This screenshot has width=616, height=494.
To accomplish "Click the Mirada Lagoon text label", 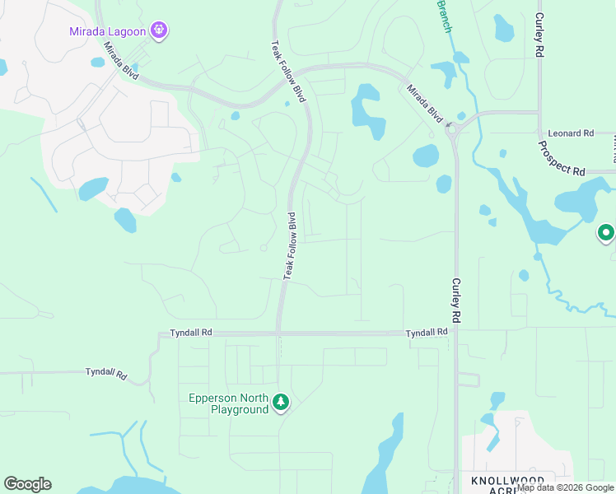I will coord(107,32).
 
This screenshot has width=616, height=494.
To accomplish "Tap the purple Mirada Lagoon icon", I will coord(159,32).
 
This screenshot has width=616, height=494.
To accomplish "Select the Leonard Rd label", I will coord(571,133).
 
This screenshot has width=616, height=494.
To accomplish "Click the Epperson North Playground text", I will coord(228,403).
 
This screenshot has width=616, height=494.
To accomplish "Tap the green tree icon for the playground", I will coord(282,402).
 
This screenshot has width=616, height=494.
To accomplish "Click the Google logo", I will coord(27,484).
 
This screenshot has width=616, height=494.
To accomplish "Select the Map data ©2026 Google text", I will coord(566,487).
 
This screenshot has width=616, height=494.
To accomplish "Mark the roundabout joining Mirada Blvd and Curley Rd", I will coord(452,128).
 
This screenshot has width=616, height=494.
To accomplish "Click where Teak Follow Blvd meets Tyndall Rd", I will coord(279,333).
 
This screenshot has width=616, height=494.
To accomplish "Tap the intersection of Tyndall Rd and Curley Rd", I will coord(455,333).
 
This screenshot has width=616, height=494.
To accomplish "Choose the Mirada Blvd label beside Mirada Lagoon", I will coord(120,64).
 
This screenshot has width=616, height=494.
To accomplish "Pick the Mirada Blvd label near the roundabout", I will coord(423,102).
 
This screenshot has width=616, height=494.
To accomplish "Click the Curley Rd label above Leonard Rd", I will coord(539,34).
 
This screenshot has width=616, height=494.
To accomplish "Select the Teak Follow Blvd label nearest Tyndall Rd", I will coord(290,245).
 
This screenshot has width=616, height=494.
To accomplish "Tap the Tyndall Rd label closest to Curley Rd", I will coord(427,332).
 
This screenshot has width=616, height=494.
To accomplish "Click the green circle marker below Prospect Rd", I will coord(606,234).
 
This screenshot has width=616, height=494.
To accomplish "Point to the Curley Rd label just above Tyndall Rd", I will coord(455,300).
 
